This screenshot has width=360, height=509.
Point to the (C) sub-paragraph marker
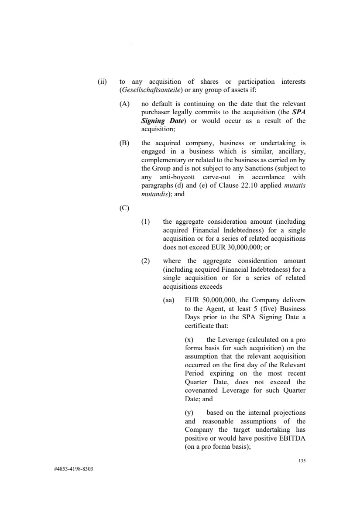[x=124, y=208]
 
